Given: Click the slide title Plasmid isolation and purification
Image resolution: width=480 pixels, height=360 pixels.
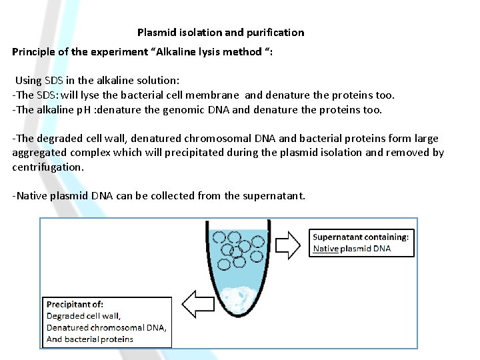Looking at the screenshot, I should tap(221, 32).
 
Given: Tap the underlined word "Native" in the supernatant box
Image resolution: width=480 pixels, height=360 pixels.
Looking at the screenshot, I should tap(325, 249).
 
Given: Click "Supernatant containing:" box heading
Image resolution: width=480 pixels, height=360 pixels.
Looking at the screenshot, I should tap(361, 237).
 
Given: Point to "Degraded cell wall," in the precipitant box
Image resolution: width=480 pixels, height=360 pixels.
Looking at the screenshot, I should tap(83, 316).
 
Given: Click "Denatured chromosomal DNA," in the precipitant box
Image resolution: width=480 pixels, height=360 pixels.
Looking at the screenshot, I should tap(107, 327).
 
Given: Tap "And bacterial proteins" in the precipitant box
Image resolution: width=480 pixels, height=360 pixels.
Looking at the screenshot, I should tap(89, 339).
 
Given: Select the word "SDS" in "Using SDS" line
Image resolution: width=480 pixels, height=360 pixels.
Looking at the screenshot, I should tap(56, 81).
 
